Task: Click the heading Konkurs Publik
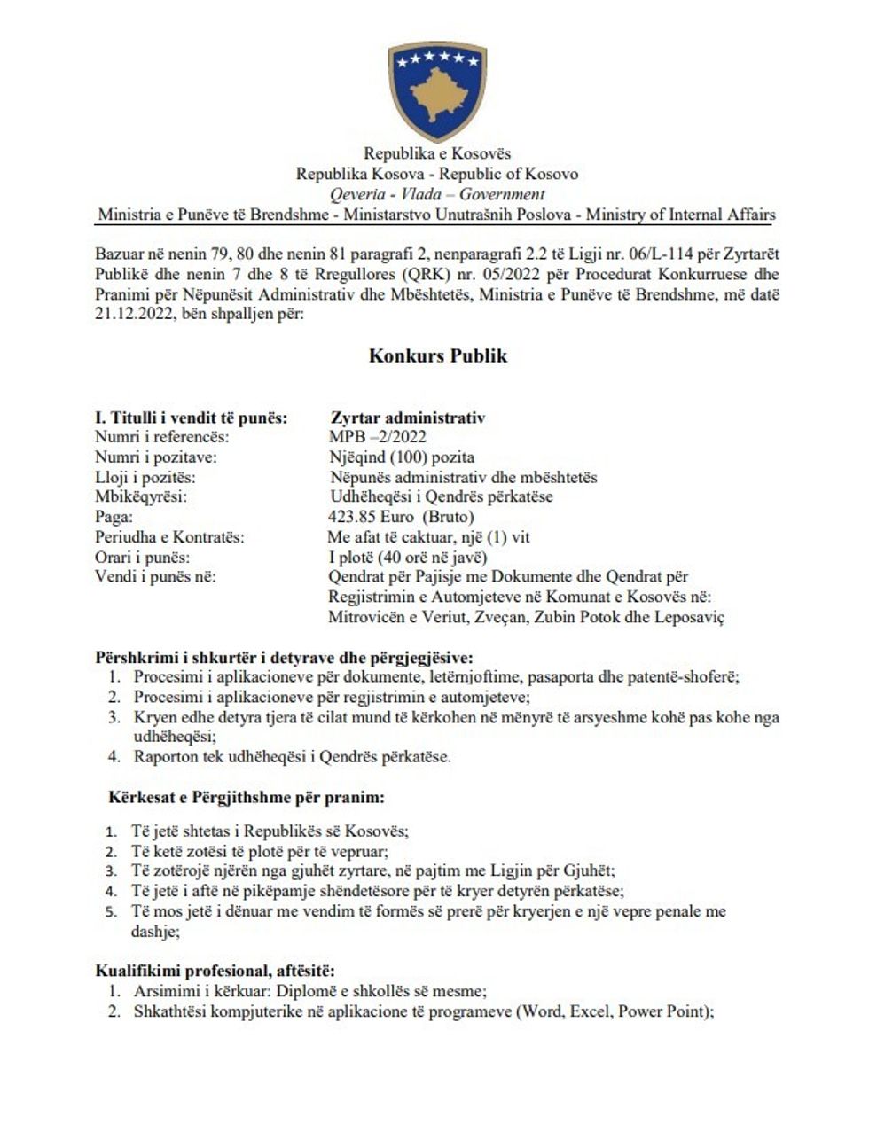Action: click(x=438, y=356)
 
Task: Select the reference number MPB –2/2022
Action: click(x=378, y=436)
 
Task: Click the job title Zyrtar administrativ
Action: click(x=407, y=418)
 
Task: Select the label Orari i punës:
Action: click(x=142, y=558)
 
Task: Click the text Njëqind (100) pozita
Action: click(x=402, y=457)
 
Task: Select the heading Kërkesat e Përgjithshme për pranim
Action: click(x=247, y=798)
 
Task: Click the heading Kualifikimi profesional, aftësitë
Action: click(x=215, y=972)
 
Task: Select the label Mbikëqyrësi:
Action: click(x=140, y=497)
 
